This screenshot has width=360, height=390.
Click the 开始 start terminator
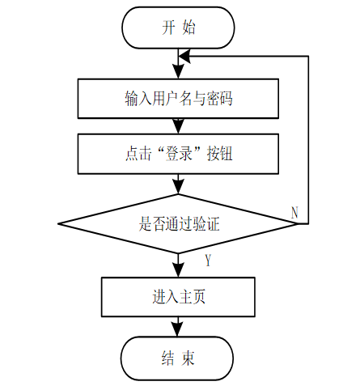pyautogui.click(x=178, y=28)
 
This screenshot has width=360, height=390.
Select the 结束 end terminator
pyautogui.click(x=177, y=358)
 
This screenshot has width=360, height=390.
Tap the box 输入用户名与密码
pyautogui.click(x=178, y=99)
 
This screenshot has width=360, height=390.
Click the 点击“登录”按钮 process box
pyautogui.click(x=178, y=154)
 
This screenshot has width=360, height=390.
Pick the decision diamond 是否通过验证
pyautogui.click(x=178, y=223)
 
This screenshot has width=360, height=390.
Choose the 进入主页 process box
pyautogui.click(x=178, y=297)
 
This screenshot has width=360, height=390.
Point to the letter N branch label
pyautogui.click(x=294, y=213)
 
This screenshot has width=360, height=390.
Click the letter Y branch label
pyautogui.click(x=208, y=260)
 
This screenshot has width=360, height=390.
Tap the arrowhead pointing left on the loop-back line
pyautogui.click(x=184, y=57)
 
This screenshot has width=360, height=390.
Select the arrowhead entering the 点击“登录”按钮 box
pyautogui.click(x=178, y=127)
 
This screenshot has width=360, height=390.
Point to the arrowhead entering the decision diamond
pyautogui.click(x=178, y=187)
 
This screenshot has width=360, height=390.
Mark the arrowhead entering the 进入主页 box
pyautogui.click(x=178, y=270)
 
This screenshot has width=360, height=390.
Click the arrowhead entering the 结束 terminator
pyautogui.click(x=177, y=329)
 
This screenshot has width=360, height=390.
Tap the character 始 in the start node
pyautogui.click(x=188, y=28)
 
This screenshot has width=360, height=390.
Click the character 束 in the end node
pyautogui.click(x=188, y=358)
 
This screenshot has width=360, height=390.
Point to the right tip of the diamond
pyautogui.click(x=298, y=223)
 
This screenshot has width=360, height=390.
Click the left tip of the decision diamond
pyautogui.click(x=58, y=223)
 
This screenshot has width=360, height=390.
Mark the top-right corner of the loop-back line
pyautogui.click(x=308, y=57)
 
